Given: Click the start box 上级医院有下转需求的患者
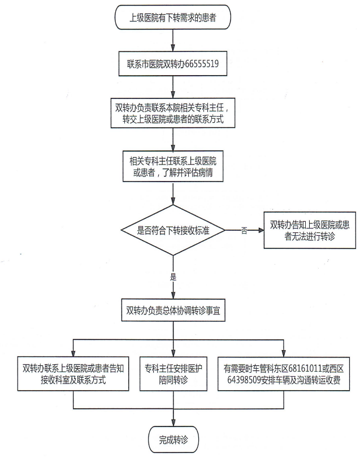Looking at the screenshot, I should click(172, 18).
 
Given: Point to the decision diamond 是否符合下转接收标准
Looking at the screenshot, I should click(174, 230).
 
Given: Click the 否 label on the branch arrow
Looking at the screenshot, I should click(244, 231).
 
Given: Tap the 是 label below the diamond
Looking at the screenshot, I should click(174, 277).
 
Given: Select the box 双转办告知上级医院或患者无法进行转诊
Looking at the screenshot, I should click(310, 230).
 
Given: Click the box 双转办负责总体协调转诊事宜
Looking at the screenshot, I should click(174, 311).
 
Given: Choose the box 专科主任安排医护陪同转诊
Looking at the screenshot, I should click(174, 374).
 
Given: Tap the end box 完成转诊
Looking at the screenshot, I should click(174, 439).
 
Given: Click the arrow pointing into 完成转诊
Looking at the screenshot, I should click(174, 417).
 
